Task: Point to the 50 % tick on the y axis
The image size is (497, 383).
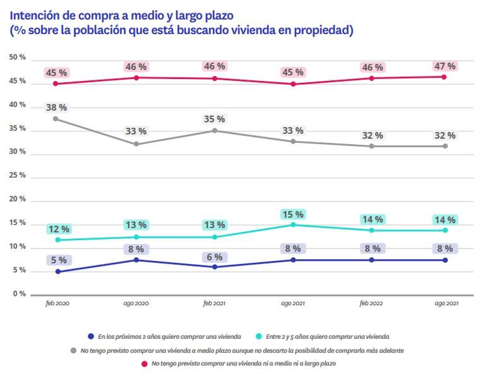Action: (x=18, y=58)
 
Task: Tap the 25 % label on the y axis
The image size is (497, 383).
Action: (x=18, y=176)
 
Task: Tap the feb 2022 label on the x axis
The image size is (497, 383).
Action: (x=371, y=305)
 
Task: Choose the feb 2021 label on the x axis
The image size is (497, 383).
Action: (x=214, y=305)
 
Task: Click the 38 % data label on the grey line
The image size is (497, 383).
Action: (x=56, y=107)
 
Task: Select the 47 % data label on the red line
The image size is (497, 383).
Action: (x=444, y=66)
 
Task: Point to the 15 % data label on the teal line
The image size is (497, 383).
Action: (x=293, y=214)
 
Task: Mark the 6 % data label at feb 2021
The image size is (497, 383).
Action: (x=214, y=257)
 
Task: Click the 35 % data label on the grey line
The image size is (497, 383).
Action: (x=214, y=118)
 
